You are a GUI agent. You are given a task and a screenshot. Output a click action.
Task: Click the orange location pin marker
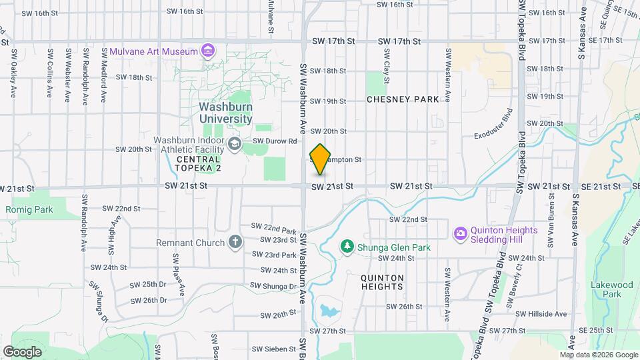tap(320, 159)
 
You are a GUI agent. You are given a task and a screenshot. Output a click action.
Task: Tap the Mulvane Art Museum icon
tap(209, 51)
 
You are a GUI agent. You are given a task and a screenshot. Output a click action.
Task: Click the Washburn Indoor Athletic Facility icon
tap(234, 143)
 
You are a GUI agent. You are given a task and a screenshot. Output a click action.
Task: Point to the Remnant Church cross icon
tap(235, 242)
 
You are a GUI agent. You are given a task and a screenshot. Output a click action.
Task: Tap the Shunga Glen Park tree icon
tap(347, 247)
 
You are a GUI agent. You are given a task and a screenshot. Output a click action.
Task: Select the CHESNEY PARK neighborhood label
tap(403, 99)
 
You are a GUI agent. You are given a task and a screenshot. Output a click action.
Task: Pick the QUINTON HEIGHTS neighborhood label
tap(382, 282)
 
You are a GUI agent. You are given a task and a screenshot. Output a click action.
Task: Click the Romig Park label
tap(29, 209)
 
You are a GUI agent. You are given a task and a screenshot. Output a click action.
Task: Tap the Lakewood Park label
tap(611, 289)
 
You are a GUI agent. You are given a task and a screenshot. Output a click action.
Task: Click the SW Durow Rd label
tap(275, 141)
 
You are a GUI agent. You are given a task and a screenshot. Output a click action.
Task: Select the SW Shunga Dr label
tap(273, 286)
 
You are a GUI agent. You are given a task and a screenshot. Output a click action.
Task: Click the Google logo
tap(22, 351)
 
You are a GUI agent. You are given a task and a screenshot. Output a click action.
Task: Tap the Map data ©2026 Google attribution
tap(598, 355)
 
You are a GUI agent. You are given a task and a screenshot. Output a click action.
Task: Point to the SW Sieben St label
tap(274, 349)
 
